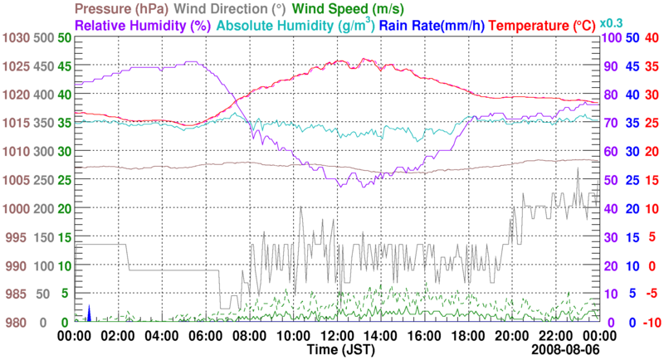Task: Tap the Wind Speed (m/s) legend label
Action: point(346,9)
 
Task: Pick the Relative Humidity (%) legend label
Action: point(143,26)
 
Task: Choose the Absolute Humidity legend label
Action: point(294,26)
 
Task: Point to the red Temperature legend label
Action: point(539,26)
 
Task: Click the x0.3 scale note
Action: point(611,22)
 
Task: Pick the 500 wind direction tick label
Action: point(44,38)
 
